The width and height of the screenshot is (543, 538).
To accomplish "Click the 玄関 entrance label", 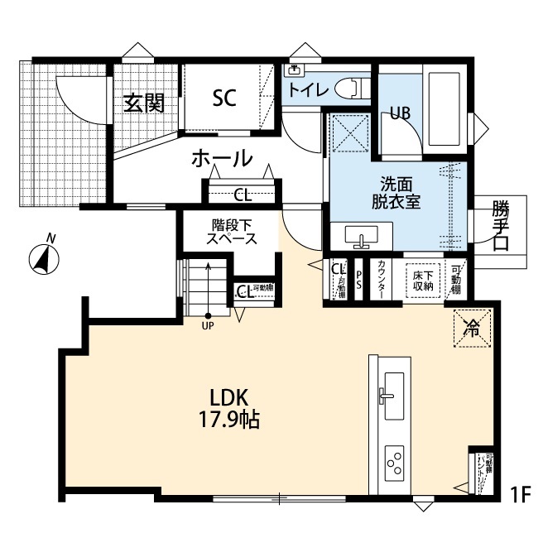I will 144,103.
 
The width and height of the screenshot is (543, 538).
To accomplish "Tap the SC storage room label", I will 224,98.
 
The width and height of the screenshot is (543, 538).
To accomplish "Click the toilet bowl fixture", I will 353,87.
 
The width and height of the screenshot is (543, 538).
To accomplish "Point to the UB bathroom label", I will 401,113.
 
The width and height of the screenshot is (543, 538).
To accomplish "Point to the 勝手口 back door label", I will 500,224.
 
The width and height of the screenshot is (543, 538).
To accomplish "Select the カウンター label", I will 381,277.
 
